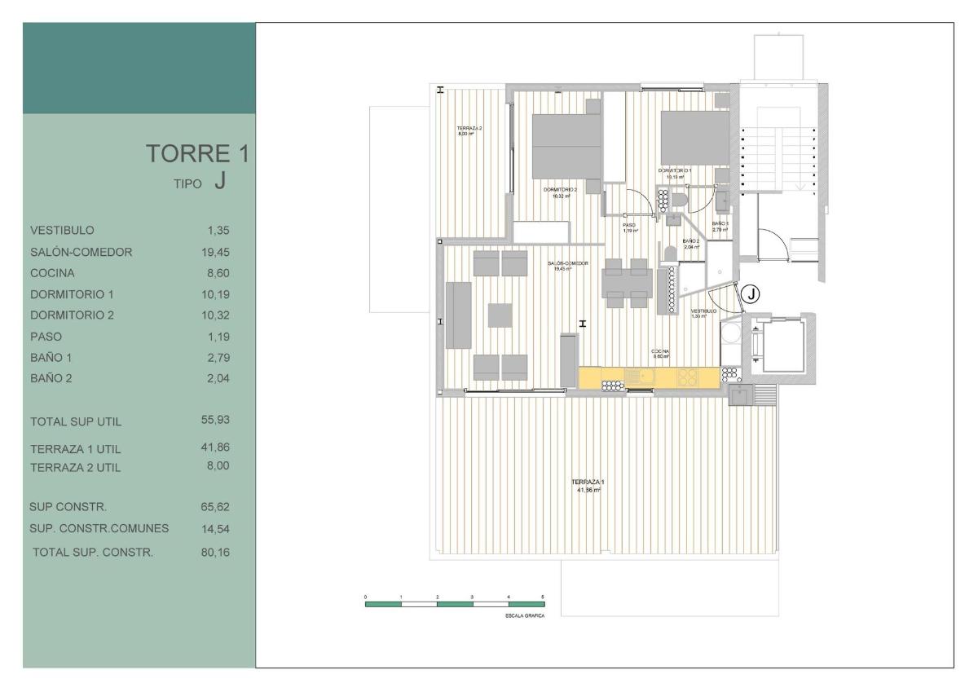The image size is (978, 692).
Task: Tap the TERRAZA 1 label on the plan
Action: [x=590, y=486]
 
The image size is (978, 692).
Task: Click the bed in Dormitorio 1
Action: [x=694, y=137]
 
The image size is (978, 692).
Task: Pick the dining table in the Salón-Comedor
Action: [x=627, y=285]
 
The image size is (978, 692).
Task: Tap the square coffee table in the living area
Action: [x=500, y=315]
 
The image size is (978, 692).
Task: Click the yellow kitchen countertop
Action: [x=649, y=377]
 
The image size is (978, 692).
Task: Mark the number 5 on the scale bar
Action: [x=543, y=597]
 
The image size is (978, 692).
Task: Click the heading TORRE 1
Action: [x=196, y=154]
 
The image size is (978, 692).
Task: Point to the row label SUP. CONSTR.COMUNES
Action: [x=99, y=529]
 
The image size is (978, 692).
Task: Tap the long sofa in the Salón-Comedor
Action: [x=457, y=315]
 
